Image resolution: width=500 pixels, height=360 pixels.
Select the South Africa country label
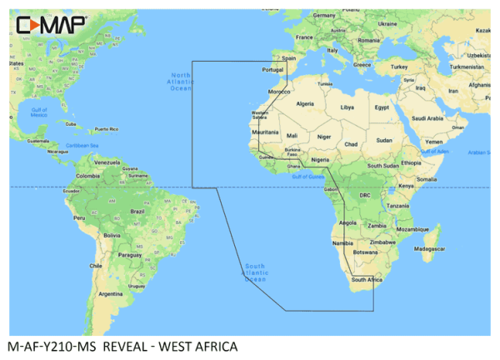tap(367, 280)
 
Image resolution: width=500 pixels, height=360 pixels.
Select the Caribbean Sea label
tap(90, 145)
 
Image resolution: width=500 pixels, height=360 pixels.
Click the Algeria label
tap(305, 103)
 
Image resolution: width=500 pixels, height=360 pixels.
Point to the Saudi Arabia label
tap(432, 118)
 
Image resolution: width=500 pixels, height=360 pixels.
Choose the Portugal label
tap(272, 70)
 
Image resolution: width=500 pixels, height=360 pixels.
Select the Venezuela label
tap(107, 161)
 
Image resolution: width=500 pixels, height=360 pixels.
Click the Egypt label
tap(382, 107)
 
